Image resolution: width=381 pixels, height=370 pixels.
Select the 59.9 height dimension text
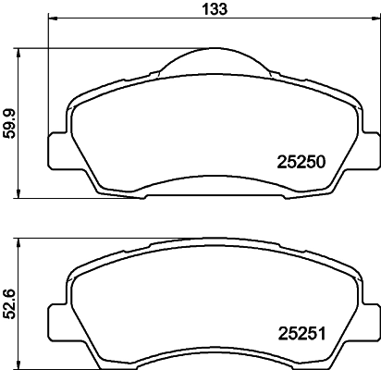[9, 124]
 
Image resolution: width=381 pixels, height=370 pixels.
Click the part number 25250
[301, 162]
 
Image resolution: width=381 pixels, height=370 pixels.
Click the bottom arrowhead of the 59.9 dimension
[19, 196]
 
